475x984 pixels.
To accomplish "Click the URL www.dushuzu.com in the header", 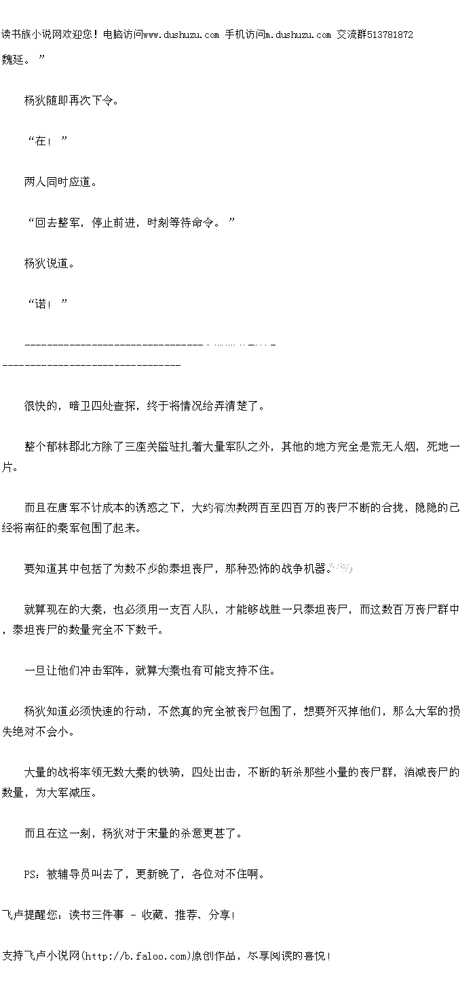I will [181, 35].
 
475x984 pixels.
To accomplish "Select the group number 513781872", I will [389, 35].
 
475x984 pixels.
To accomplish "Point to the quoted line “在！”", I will [47, 141].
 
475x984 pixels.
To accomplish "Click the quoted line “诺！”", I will [47, 304].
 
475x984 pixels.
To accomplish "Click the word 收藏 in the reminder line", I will [153, 915].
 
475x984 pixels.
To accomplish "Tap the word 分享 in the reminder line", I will [220, 915].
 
